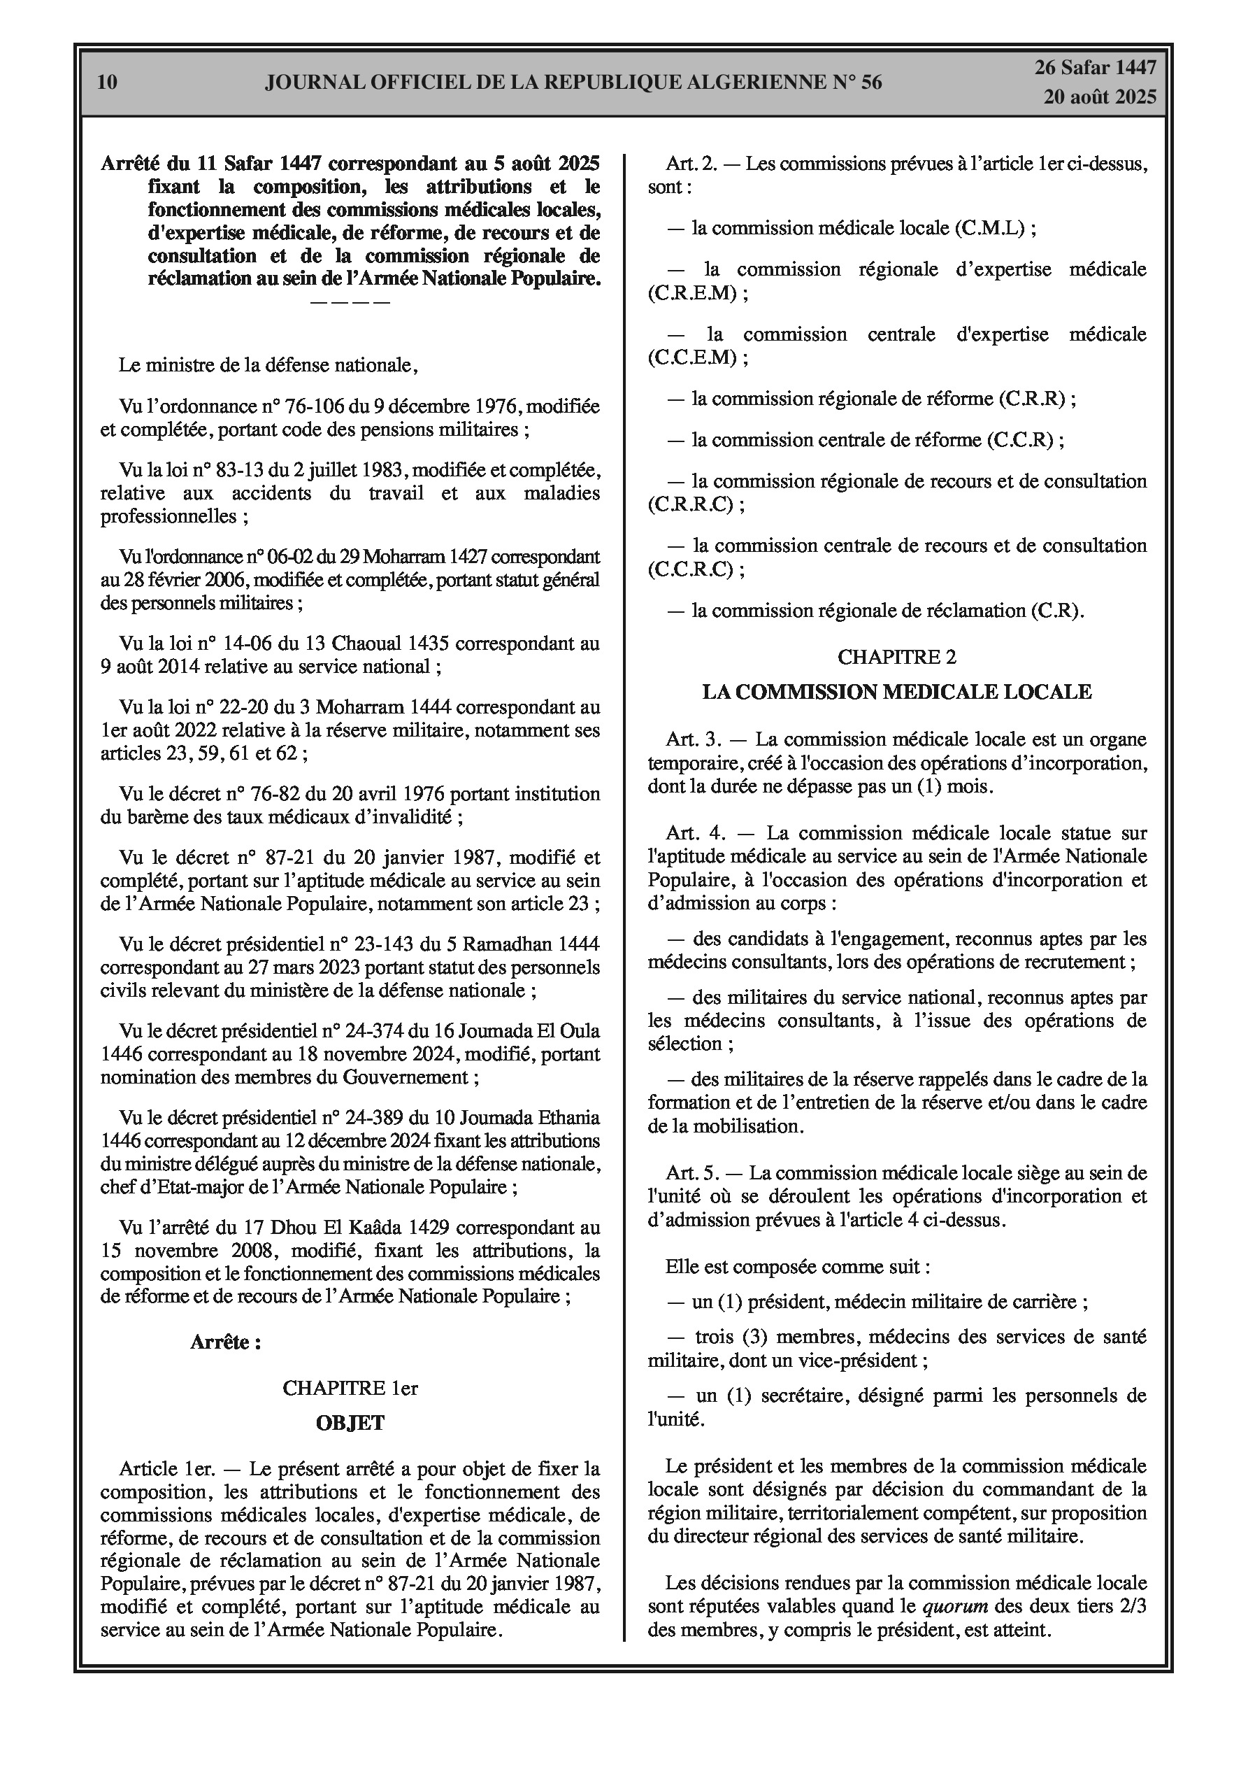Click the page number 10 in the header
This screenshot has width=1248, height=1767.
108,83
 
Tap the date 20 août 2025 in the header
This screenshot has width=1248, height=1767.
1100,97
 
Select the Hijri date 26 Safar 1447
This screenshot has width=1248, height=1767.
1095,68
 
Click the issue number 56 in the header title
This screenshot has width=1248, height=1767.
871,83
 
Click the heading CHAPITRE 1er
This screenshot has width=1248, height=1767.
350,1388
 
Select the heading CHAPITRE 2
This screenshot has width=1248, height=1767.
896,656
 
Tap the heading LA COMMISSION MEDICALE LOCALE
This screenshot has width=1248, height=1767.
896,692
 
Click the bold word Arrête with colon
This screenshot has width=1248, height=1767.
224,1342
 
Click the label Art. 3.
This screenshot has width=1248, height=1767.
694,739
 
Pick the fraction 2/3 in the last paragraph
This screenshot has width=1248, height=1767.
1131,1606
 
